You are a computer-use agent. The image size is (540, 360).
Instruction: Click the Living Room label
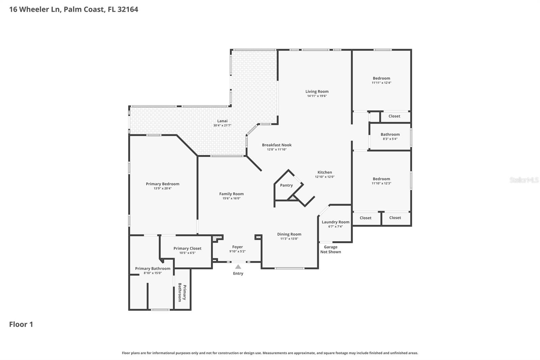click(x=317, y=92)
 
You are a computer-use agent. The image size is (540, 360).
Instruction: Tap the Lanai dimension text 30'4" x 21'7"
click(x=222, y=126)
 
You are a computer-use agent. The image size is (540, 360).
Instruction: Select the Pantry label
click(x=286, y=185)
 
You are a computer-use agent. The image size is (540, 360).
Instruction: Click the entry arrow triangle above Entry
click(x=238, y=267)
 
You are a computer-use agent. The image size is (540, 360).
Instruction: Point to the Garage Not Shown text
click(x=330, y=250)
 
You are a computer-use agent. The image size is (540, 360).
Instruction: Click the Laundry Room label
click(x=335, y=222)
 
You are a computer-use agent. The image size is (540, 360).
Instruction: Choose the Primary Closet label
click(x=187, y=249)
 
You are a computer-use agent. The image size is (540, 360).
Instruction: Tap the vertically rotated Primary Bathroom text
click(x=182, y=292)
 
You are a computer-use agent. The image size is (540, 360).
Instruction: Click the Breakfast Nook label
click(x=277, y=145)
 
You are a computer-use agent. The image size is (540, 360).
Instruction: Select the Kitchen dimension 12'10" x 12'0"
click(x=325, y=177)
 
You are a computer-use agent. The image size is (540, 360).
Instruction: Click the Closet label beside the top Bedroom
click(x=394, y=116)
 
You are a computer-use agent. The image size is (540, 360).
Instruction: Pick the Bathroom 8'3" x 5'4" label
click(x=390, y=135)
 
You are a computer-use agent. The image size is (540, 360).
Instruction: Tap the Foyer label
click(x=237, y=247)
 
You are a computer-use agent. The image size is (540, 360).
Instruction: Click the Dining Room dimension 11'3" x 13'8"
click(x=289, y=239)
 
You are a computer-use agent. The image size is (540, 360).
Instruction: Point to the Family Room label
click(x=231, y=194)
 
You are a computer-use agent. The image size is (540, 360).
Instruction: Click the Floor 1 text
click(x=21, y=325)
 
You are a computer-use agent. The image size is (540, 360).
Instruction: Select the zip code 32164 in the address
click(x=128, y=9)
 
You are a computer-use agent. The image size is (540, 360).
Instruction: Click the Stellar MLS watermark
click(x=524, y=180)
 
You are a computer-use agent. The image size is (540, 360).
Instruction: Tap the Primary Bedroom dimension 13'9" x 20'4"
click(x=163, y=188)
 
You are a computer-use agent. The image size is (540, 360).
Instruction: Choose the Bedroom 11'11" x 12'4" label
click(x=381, y=78)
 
